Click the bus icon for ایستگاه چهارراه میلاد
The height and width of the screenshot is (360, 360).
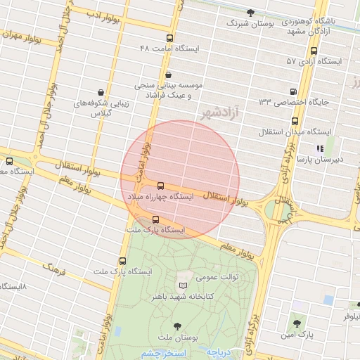click(161, 186)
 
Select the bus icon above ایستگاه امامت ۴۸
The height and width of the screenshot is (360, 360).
click(169, 39)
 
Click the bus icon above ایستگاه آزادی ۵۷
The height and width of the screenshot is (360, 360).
click(314, 51)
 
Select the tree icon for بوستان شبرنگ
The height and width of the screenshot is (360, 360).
click(251, 12)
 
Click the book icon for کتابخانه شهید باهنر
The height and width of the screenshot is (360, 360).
click(184, 285)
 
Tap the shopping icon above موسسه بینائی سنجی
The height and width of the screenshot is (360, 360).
click(168, 75)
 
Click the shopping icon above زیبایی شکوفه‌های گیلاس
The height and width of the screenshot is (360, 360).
click(102, 92)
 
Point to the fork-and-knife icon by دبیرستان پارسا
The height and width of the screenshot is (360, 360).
click(320, 148)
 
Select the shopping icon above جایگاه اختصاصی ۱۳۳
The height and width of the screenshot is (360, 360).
click(293, 91)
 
